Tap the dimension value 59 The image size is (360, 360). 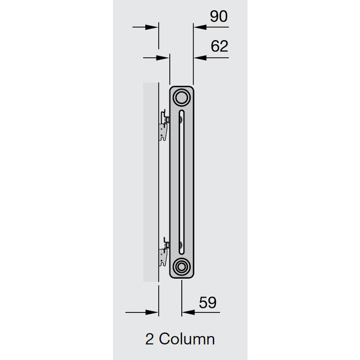[x=207, y=302]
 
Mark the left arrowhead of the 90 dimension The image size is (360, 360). [x=154, y=27]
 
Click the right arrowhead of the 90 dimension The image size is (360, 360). [x=198, y=27]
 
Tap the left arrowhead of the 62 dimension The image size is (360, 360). [x=165, y=58]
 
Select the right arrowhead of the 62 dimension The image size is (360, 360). [x=198, y=58]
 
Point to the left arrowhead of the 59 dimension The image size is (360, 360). [x=154, y=311]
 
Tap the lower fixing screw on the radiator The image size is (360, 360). [x=180, y=245]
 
